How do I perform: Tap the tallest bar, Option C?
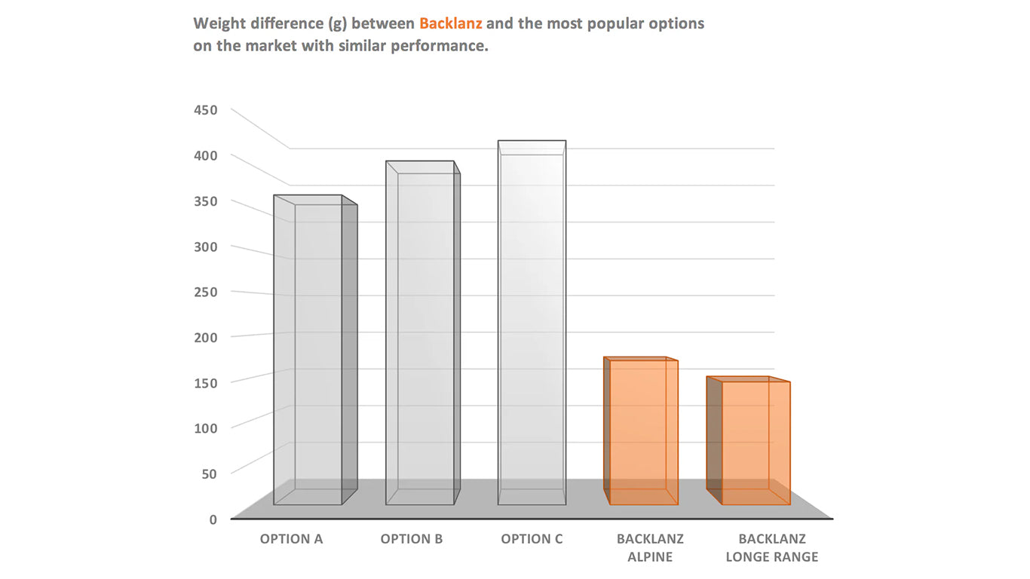click(x=532, y=324)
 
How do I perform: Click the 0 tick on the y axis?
click(x=213, y=519)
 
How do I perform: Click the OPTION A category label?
click(x=291, y=539)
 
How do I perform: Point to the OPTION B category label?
click(x=412, y=539)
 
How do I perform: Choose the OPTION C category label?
click(x=532, y=539)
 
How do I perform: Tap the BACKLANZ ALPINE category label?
click(x=650, y=548)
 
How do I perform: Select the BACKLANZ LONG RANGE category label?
click(x=771, y=548)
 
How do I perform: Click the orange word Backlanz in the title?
click(x=450, y=23)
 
